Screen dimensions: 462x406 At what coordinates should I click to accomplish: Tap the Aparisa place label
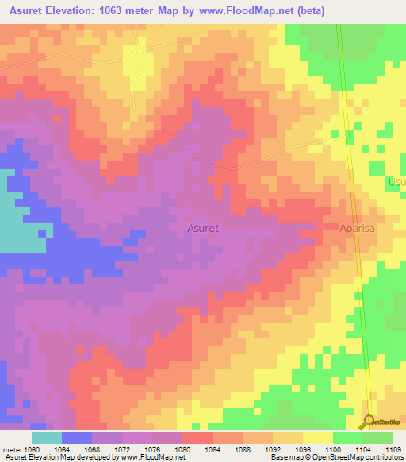[x=362, y=228]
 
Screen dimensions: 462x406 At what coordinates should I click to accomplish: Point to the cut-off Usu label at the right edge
[x=396, y=183]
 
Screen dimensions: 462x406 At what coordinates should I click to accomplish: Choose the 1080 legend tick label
[x=182, y=449]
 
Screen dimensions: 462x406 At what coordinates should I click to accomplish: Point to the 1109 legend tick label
[x=393, y=449]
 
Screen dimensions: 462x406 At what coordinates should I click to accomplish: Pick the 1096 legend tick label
[x=303, y=449]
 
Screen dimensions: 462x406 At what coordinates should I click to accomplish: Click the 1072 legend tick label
[x=122, y=449]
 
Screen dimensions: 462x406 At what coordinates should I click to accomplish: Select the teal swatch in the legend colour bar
[x=47, y=437]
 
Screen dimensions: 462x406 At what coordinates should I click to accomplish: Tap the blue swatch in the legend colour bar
[x=77, y=437]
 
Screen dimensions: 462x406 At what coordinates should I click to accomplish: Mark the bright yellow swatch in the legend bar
[x=318, y=437]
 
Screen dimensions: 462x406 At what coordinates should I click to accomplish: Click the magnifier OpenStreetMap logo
[x=370, y=422]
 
